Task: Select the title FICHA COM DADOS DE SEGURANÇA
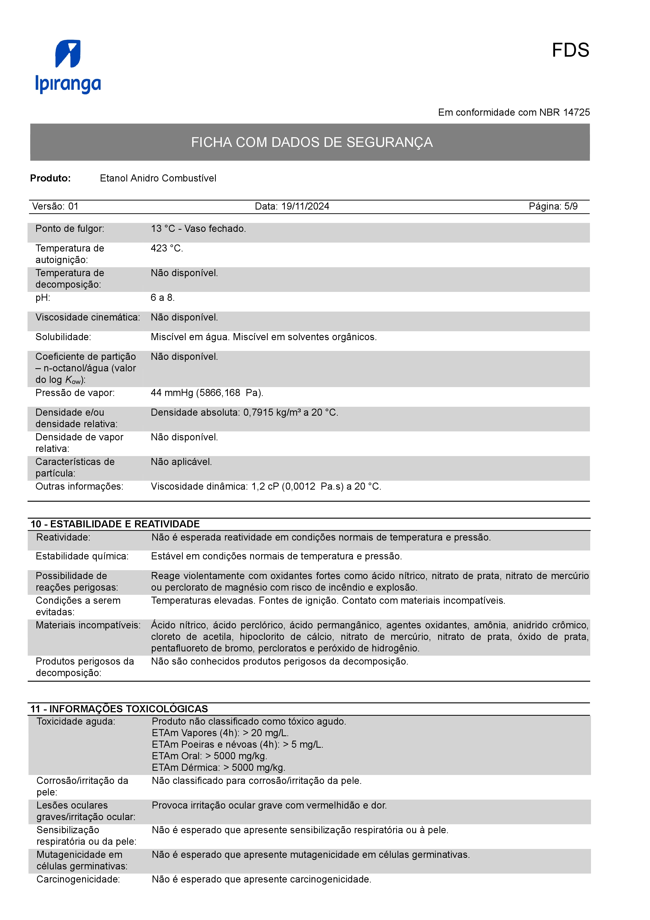pyautogui.click(x=311, y=142)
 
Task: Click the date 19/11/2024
pyautogui.click(x=305, y=206)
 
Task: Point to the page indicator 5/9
pyautogui.click(x=571, y=206)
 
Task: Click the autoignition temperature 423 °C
pyautogui.click(x=166, y=248)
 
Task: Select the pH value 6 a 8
pyautogui.click(x=163, y=298)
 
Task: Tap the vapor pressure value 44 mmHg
pyautogui.click(x=172, y=393)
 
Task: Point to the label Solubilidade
pyautogui.click(x=63, y=337)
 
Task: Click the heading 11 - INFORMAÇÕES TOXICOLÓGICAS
pyautogui.click(x=119, y=709)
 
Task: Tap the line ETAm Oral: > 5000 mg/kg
pyautogui.click(x=209, y=756)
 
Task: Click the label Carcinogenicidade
pyautogui.click(x=78, y=880)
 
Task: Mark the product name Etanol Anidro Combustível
pyautogui.click(x=158, y=178)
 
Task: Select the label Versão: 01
pyautogui.click(x=55, y=206)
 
